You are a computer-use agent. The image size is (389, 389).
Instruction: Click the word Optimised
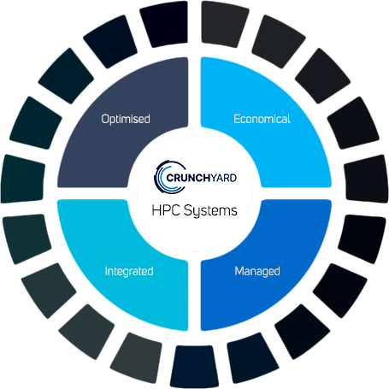(126, 119)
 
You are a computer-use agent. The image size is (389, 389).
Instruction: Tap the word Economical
(262, 119)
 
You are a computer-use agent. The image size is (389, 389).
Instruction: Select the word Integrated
(129, 271)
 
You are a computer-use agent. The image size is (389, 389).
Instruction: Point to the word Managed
(257, 271)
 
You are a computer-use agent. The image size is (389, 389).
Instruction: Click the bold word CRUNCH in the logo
(188, 178)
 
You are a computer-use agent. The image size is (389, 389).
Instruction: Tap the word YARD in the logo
(224, 178)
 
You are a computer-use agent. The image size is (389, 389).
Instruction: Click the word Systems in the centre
(210, 211)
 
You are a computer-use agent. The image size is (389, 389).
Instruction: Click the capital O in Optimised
(105, 119)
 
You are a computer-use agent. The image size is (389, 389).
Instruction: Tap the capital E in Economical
(237, 119)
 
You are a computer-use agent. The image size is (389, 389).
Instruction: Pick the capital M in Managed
(239, 271)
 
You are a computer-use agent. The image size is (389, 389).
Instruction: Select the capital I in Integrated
(106, 271)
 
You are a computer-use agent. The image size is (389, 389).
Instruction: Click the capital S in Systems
(188, 210)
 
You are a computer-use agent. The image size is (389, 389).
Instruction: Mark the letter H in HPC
(156, 210)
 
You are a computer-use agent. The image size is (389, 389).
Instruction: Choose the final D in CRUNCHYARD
(233, 178)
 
